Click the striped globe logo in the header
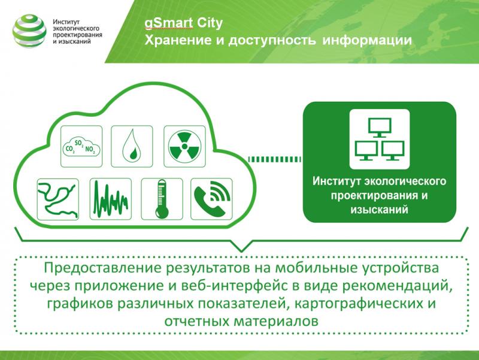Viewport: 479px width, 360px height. [x=29, y=31]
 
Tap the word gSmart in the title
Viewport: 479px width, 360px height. [x=169, y=23]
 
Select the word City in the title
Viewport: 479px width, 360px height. [x=210, y=23]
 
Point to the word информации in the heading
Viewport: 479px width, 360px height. [x=367, y=40]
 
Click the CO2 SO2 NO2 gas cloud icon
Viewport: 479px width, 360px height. [x=81, y=147]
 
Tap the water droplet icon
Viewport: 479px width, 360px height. [x=132, y=147]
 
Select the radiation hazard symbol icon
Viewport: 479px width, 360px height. [x=184, y=147]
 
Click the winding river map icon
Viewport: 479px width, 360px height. [x=57, y=199]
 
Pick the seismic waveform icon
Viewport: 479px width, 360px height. [x=111, y=199]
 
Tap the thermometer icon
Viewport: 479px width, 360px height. [x=162, y=199]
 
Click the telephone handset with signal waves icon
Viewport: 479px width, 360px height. [x=211, y=199]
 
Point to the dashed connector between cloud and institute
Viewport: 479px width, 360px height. [x=275, y=159]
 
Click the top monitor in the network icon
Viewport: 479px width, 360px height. [x=380, y=128]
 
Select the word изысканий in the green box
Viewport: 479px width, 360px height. [x=379, y=210]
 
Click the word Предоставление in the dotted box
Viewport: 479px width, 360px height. [x=103, y=268]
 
